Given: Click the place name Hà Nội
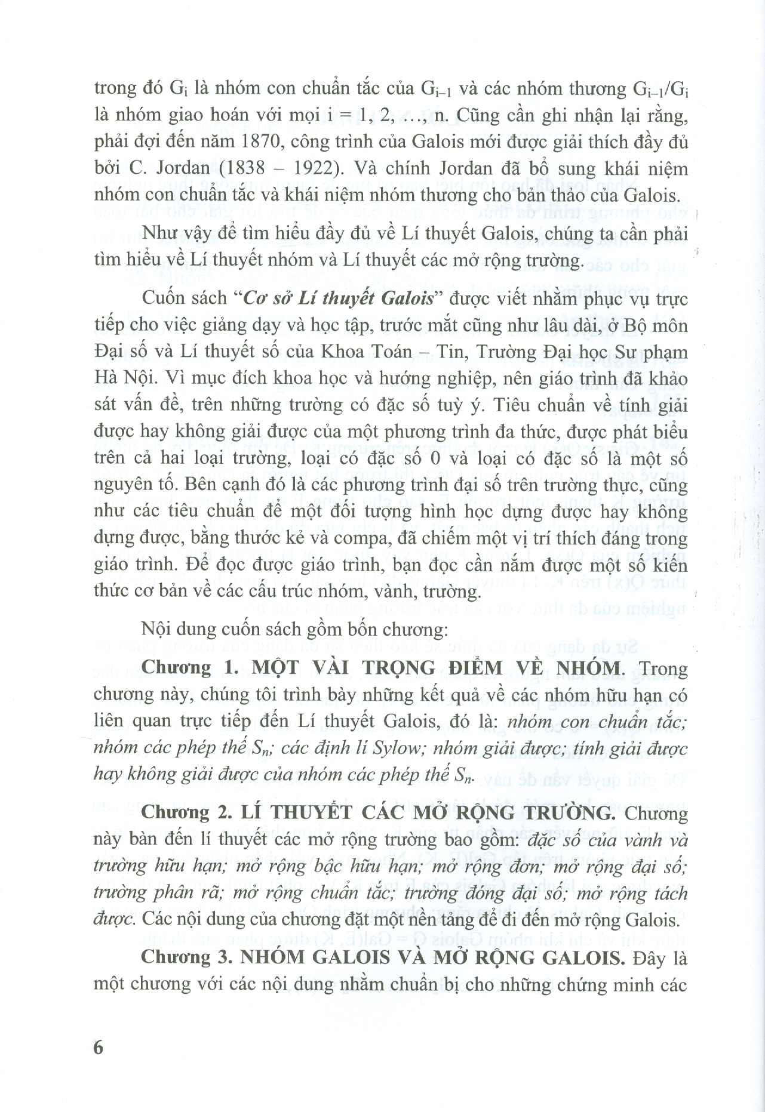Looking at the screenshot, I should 118,379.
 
